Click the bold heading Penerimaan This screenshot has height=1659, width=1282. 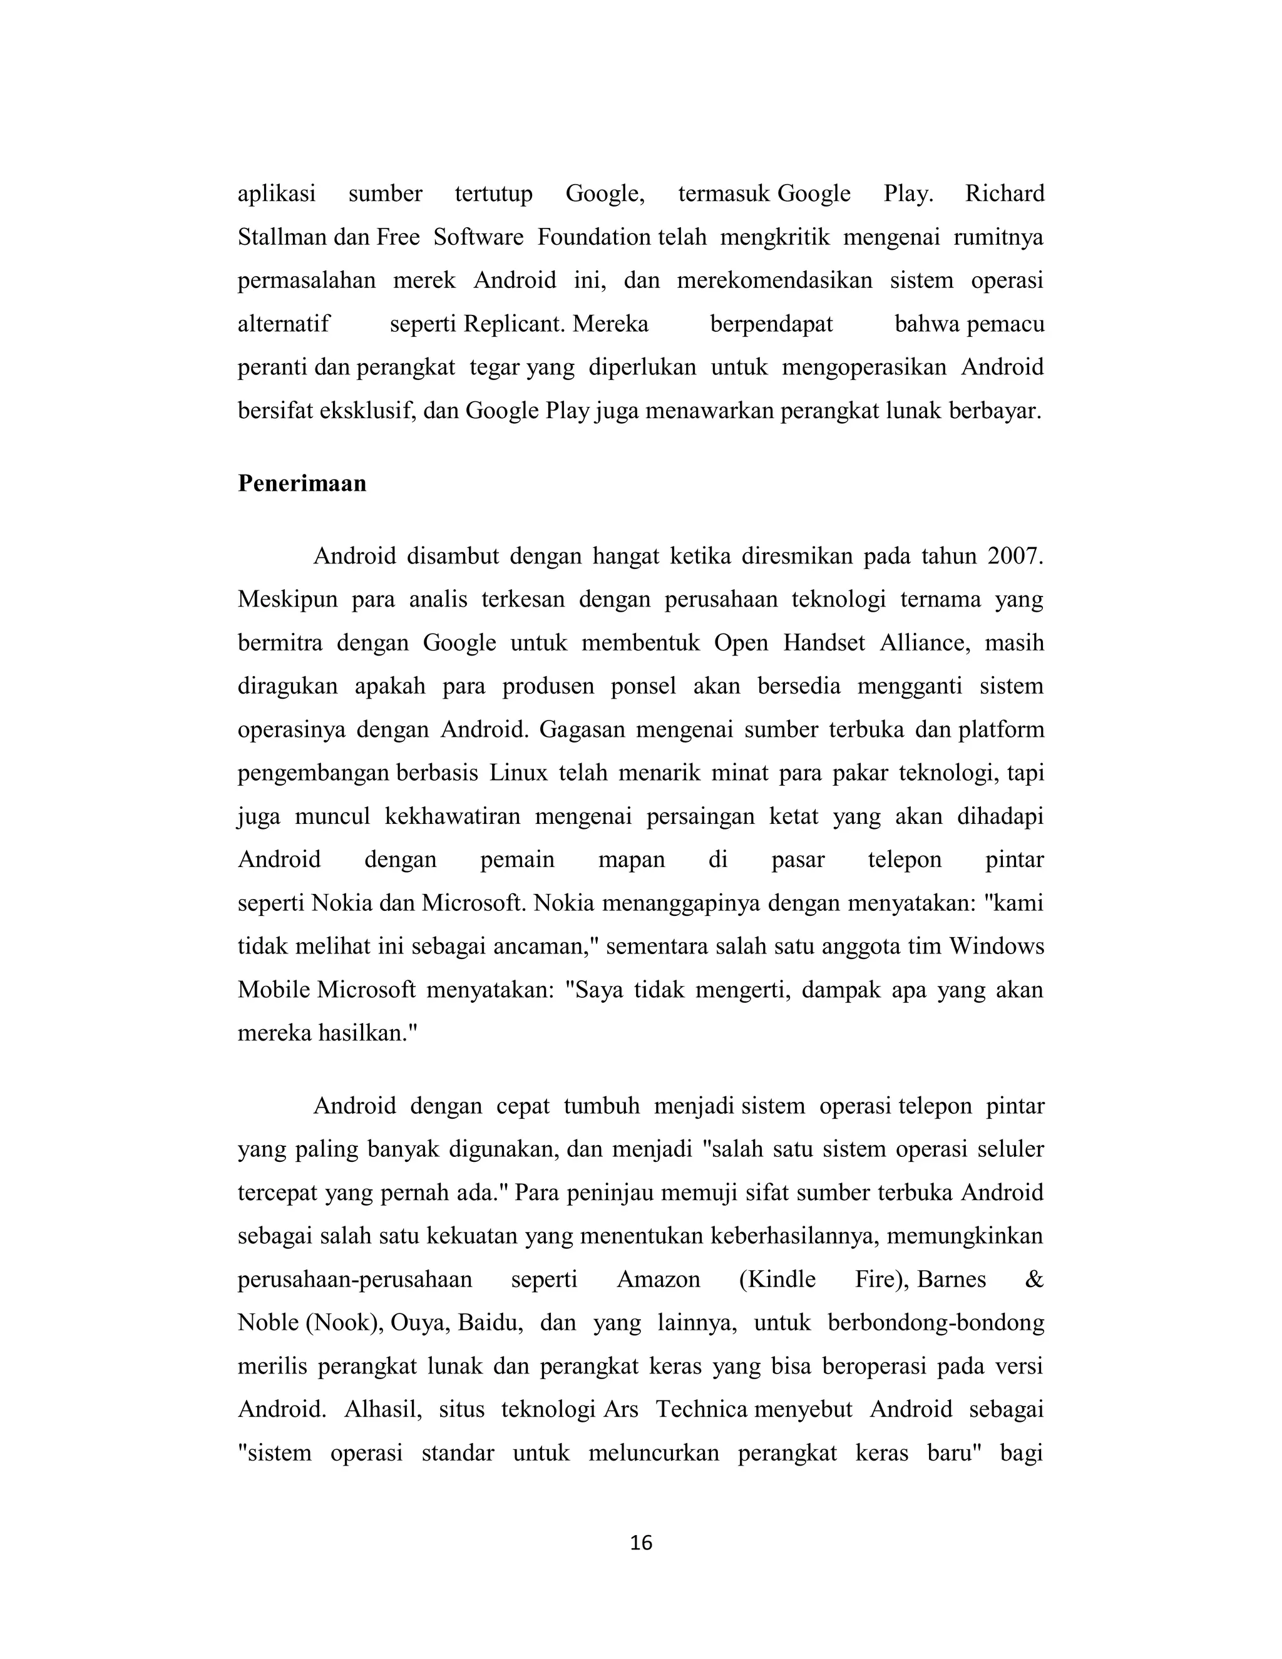coord(302,484)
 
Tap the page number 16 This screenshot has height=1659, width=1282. coord(641,1543)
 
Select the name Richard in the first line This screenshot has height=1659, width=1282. coord(1004,193)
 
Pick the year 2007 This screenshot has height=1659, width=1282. coord(1015,556)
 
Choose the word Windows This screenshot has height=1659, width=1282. coord(997,947)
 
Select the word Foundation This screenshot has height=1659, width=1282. coord(594,237)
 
